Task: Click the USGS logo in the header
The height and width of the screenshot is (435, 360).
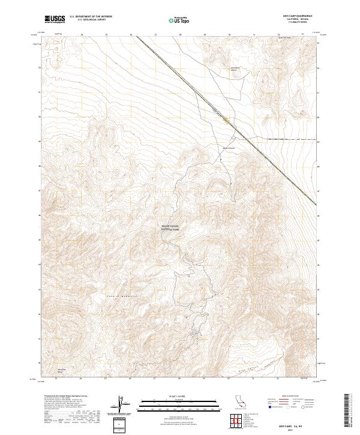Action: click(x=55, y=19)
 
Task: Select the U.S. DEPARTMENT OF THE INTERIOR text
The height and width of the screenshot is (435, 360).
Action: click(x=91, y=17)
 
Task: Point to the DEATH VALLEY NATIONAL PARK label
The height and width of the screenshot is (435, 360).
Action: click(x=170, y=228)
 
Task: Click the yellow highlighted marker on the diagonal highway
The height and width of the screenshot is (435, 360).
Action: click(x=225, y=119)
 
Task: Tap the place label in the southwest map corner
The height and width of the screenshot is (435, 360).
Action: click(x=62, y=370)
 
